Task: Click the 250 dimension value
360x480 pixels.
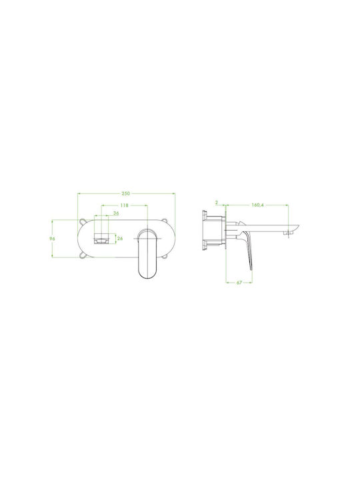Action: tap(126, 193)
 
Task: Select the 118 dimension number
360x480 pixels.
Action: tap(124, 205)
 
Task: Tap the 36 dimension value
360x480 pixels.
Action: tap(116, 213)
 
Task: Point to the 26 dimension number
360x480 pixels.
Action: tap(120, 238)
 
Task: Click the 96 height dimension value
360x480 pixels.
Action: tap(53, 239)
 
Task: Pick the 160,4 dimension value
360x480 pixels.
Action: tap(257, 205)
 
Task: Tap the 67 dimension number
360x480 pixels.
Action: tap(239, 283)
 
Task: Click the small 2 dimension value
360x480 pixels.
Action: tap(217, 203)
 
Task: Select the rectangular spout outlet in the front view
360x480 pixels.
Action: tap(101, 239)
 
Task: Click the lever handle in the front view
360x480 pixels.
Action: tap(148, 253)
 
